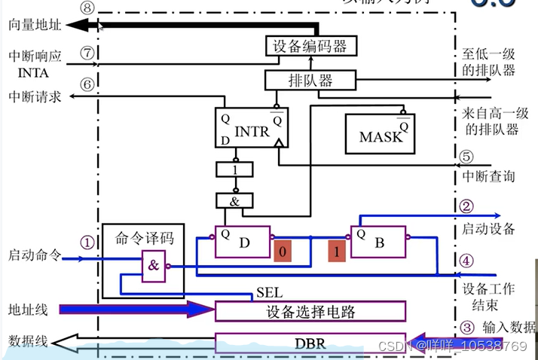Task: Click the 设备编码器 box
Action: [308, 47]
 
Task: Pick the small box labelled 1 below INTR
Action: [236, 171]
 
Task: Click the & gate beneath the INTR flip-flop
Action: [236, 200]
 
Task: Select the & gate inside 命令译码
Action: [154, 265]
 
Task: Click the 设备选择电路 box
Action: [310, 310]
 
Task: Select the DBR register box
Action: [310, 342]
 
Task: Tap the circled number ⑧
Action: [87, 8]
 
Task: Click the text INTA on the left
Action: [32, 73]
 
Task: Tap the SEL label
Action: [269, 291]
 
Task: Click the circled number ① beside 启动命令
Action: [87, 243]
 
